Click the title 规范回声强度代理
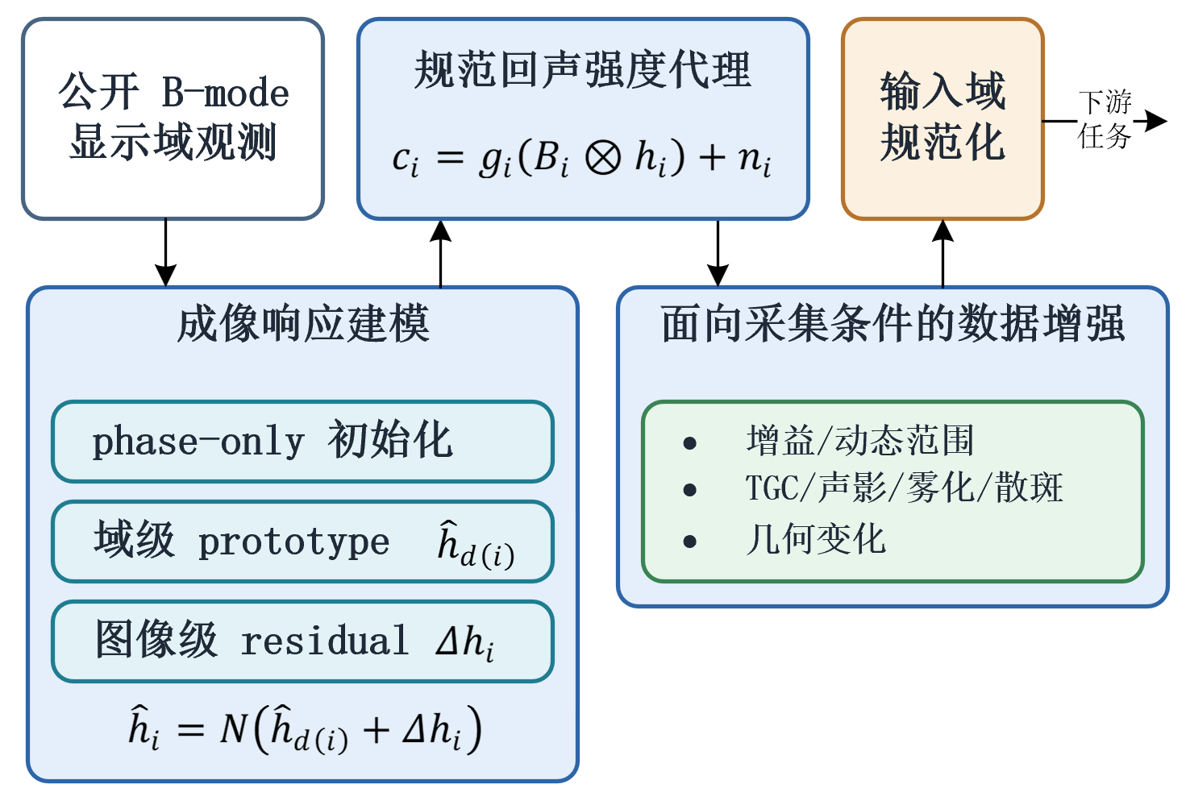click(x=583, y=69)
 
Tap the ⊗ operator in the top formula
click(x=602, y=158)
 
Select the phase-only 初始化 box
click(x=303, y=442)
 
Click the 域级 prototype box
click(x=303, y=542)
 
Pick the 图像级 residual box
click(x=303, y=641)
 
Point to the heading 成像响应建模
click(x=303, y=323)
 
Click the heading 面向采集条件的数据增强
click(x=893, y=323)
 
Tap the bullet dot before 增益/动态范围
click(x=689, y=442)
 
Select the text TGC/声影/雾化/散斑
click(x=904, y=488)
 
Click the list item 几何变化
click(x=816, y=539)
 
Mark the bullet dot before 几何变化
click(x=689, y=542)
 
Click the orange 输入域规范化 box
click(x=942, y=118)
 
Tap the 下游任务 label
click(x=1105, y=119)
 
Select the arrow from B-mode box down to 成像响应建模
click(x=166, y=253)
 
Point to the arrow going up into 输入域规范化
click(x=943, y=253)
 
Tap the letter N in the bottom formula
click(x=234, y=728)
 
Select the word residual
click(x=325, y=640)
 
